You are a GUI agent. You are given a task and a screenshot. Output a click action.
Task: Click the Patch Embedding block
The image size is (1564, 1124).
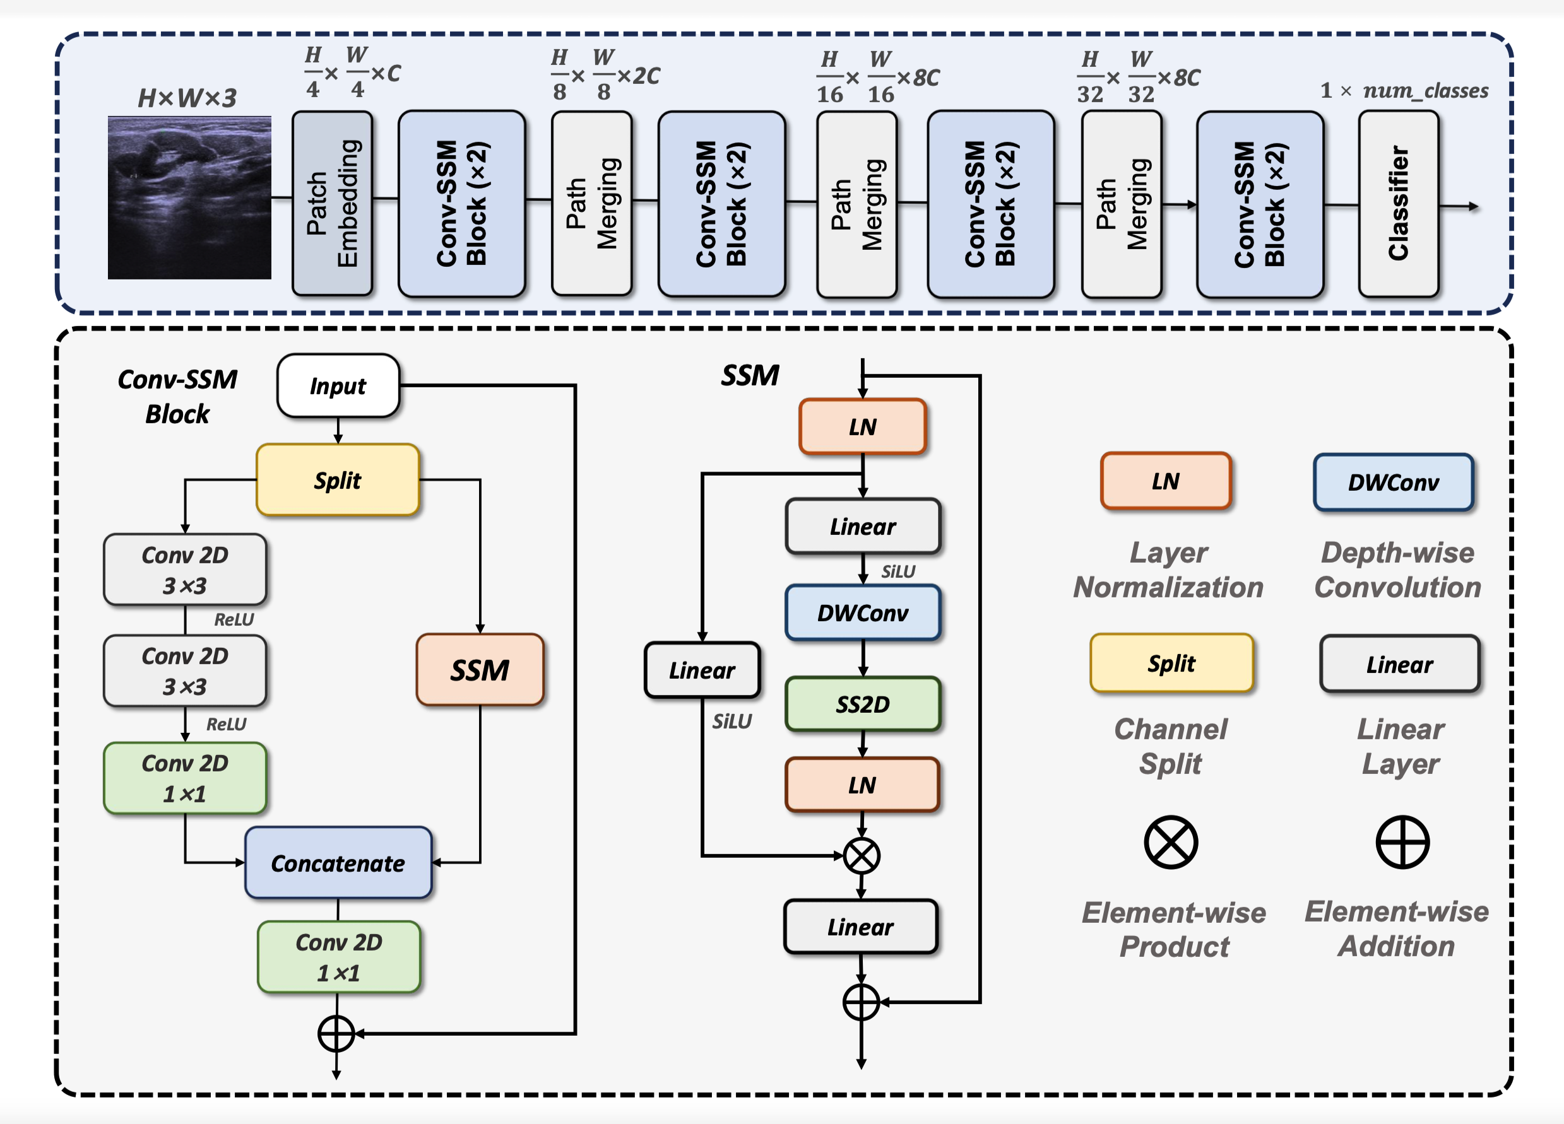(x=333, y=203)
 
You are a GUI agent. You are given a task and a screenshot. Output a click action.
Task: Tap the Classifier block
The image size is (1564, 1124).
(x=1398, y=203)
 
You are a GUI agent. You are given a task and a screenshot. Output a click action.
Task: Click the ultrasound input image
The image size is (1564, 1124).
(x=189, y=198)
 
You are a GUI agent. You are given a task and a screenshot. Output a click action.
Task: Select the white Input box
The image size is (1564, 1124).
(x=338, y=386)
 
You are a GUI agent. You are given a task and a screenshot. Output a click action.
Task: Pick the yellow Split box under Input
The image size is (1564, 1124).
(x=338, y=479)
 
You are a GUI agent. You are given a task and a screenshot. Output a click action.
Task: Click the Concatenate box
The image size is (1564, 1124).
(x=338, y=863)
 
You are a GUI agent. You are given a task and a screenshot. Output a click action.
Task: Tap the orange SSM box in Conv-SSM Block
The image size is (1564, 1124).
(x=480, y=670)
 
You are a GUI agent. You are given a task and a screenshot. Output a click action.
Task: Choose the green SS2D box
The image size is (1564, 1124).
(x=863, y=704)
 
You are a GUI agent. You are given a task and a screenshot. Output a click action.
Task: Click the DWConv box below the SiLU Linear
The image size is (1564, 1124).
(x=863, y=612)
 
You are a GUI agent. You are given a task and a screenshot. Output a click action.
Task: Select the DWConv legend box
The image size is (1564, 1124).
(x=1393, y=483)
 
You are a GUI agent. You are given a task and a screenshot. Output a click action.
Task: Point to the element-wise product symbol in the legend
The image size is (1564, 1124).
(x=1171, y=842)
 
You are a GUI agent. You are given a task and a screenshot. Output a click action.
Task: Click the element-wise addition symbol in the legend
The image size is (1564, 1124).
(x=1402, y=842)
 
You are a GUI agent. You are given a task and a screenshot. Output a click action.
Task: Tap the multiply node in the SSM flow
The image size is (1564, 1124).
(x=862, y=856)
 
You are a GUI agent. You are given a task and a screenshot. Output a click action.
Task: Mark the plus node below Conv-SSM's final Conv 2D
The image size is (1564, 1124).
(x=336, y=1034)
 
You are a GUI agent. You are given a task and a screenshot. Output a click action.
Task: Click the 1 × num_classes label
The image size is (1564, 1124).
(x=1403, y=91)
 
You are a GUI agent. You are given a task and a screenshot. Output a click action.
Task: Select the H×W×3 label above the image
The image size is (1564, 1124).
(x=187, y=98)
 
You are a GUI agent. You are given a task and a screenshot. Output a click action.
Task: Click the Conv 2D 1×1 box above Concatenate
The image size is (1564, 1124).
(x=185, y=778)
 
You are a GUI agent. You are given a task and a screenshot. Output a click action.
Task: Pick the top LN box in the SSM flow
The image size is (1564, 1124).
(x=863, y=426)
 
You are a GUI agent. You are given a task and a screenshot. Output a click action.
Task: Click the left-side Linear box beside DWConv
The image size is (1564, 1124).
(x=702, y=670)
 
